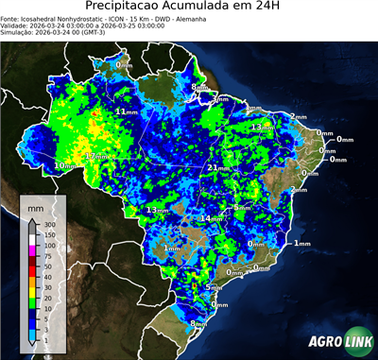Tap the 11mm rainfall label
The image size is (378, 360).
(123, 111)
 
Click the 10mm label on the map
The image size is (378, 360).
(64, 166)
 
